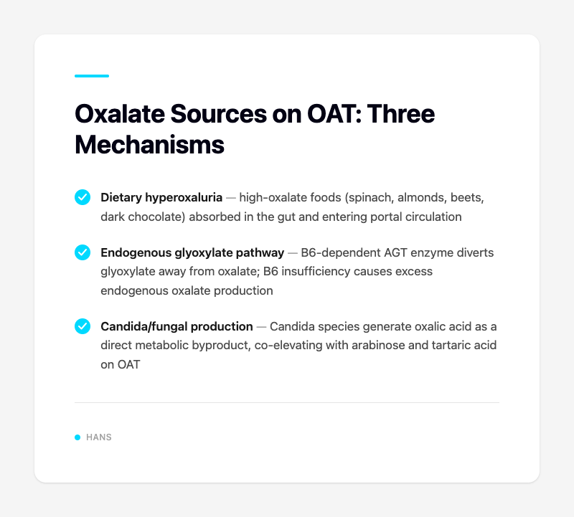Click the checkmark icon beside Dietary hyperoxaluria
(x=83, y=197)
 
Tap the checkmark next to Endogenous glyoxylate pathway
(x=83, y=252)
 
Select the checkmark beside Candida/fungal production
(x=83, y=327)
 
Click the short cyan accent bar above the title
(x=92, y=75)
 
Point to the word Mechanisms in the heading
(x=149, y=143)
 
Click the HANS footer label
(x=99, y=437)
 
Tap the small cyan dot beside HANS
(x=77, y=437)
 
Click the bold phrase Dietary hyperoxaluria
(x=161, y=197)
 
